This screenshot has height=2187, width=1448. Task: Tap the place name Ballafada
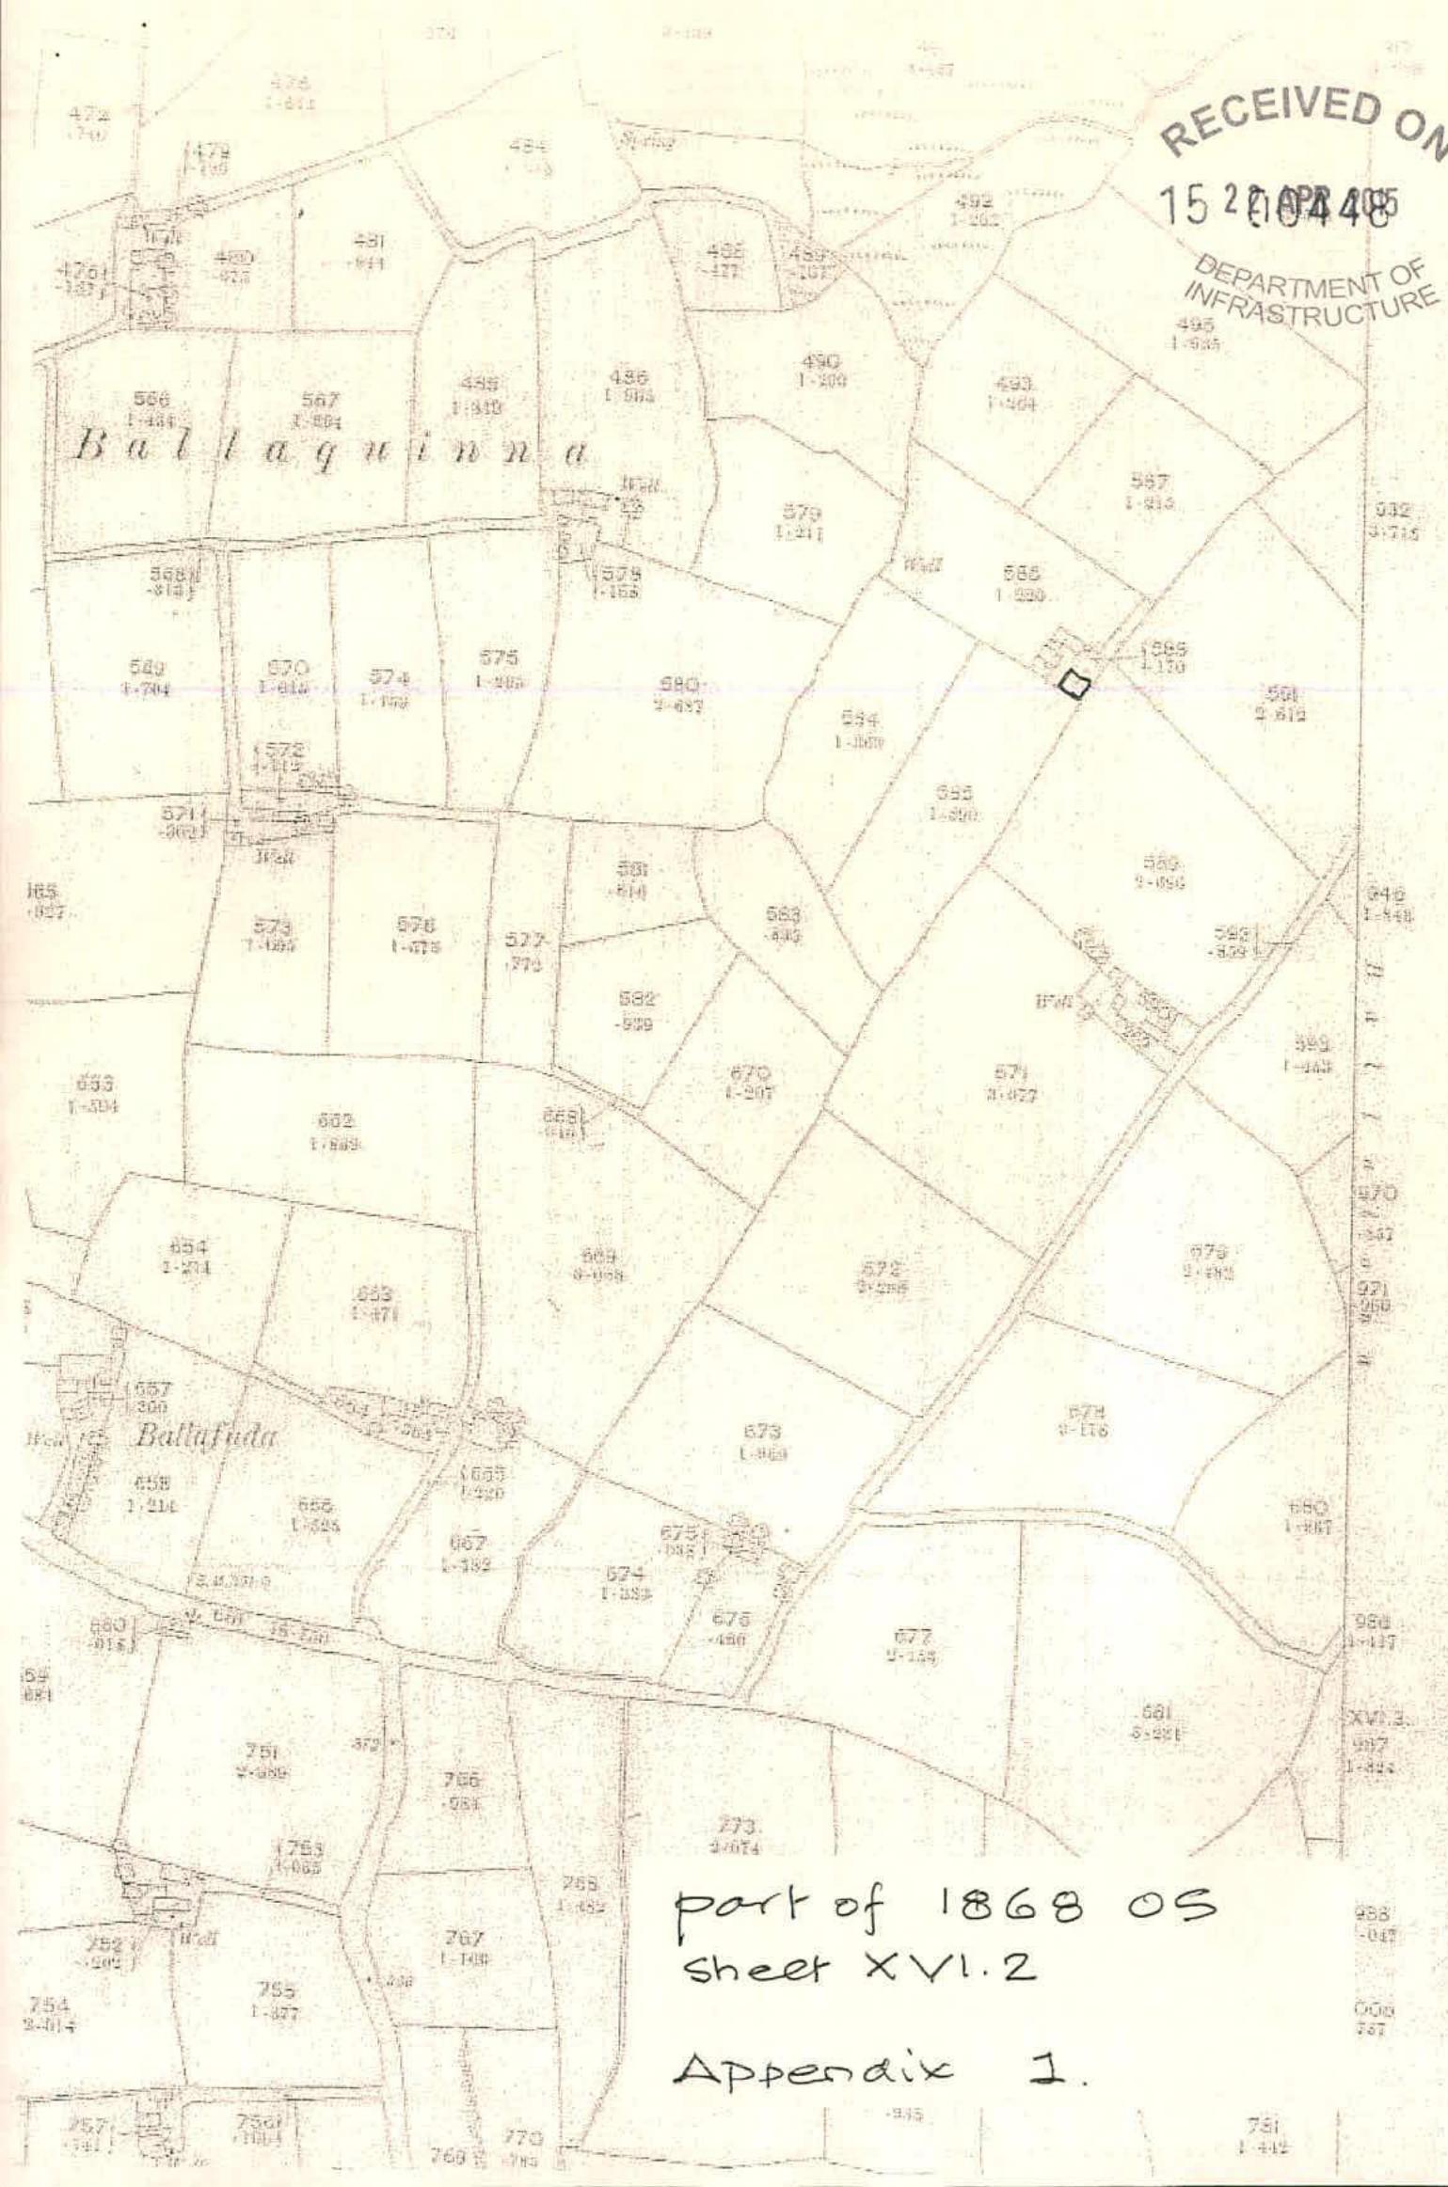pyautogui.click(x=206, y=1435)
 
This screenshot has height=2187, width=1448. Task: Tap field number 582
pyautogui.click(x=637, y=1000)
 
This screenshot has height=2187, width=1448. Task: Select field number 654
pyautogui.click(x=187, y=1247)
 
